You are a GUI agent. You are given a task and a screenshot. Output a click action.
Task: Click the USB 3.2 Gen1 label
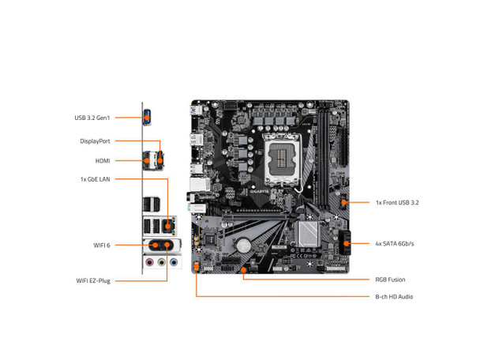tap(92, 118)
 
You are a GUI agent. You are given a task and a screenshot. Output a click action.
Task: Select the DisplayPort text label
tap(95, 141)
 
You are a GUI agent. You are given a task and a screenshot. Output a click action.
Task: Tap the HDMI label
tap(103, 161)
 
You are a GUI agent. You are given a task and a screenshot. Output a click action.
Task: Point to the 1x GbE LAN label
tap(95, 179)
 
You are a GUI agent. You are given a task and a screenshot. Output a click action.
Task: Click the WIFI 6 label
tap(102, 246)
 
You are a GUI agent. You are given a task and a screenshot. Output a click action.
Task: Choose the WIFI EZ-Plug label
tap(93, 281)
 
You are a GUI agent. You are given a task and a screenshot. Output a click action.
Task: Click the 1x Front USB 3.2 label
tap(397, 202)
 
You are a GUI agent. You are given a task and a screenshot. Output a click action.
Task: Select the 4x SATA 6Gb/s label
tap(395, 244)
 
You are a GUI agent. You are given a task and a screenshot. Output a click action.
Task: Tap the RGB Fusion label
tap(390, 279)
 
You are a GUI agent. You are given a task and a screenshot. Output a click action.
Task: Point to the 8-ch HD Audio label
tap(394, 297)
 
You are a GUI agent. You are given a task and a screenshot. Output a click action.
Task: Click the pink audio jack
tap(149, 262)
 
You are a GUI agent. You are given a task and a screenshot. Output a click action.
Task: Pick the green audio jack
tap(161, 262)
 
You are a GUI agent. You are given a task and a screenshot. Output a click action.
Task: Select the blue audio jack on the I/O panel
tap(174, 262)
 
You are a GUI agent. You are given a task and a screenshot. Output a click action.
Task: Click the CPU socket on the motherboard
tap(281, 159)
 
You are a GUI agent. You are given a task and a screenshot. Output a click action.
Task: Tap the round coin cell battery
tap(243, 245)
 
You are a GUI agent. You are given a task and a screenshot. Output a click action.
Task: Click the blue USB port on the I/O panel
tap(147, 117)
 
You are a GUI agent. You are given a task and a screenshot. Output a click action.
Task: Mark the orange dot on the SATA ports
tap(347, 244)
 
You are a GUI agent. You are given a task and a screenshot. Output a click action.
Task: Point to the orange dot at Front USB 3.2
tap(344, 202)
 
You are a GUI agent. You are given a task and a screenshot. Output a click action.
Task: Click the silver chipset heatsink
tap(307, 234)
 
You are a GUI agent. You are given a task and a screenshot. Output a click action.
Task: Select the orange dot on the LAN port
tap(167, 227)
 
